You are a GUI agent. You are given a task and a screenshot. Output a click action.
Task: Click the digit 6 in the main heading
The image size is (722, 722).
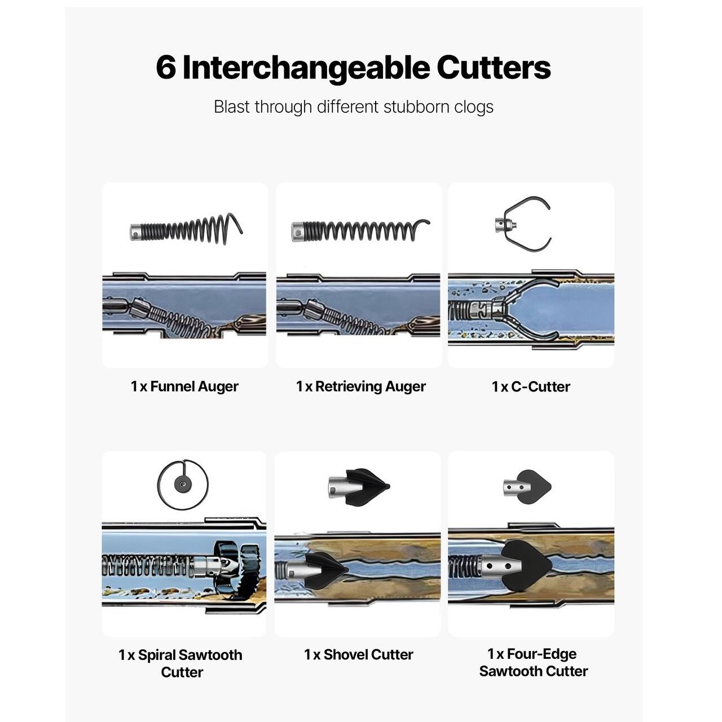(166, 68)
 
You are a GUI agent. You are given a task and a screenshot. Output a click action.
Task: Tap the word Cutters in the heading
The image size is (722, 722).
(494, 68)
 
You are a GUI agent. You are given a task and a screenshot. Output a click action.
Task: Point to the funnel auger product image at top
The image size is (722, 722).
(186, 229)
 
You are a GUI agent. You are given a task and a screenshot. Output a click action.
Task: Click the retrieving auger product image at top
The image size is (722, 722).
(360, 230)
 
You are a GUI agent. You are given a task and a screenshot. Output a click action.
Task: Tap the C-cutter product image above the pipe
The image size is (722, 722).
(523, 224)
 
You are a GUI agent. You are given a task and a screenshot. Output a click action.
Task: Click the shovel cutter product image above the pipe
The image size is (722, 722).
(359, 487)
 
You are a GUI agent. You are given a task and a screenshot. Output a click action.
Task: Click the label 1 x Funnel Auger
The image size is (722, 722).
(184, 386)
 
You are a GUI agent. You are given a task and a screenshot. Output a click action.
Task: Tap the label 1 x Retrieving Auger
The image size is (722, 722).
(361, 386)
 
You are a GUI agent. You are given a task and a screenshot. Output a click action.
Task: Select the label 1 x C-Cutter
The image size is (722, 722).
(531, 387)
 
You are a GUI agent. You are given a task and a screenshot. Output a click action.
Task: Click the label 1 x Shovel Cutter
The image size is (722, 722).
(359, 654)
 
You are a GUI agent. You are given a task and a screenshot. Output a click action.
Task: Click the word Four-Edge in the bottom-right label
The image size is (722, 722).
(541, 654)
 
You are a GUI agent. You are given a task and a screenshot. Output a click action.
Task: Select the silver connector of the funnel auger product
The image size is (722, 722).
(135, 232)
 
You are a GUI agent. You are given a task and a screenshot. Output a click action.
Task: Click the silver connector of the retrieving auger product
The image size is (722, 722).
(297, 232)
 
